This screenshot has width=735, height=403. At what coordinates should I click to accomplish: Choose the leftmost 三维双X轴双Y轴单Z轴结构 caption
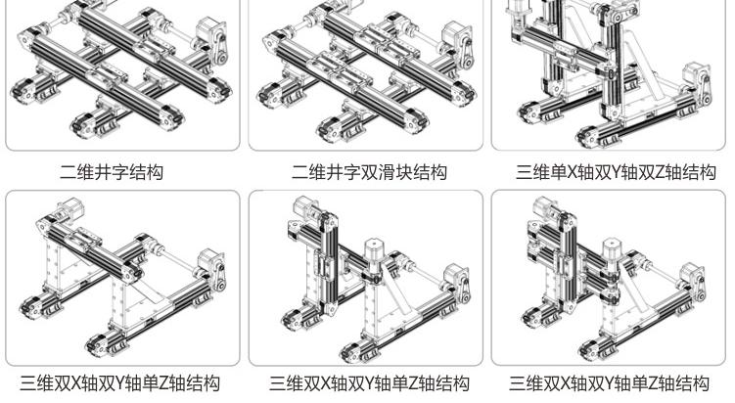pyautogui.click(x=121, y=383)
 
